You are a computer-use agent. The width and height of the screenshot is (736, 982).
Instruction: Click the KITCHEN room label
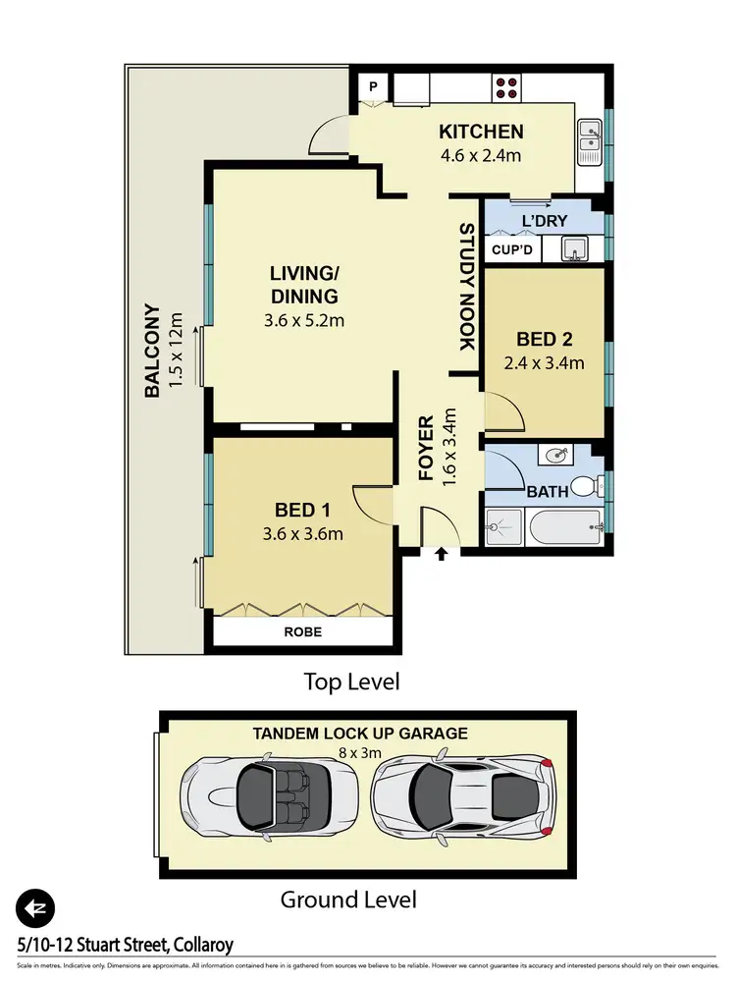coord(481,132)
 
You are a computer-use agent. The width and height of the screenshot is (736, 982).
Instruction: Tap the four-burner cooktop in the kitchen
coord(506,87)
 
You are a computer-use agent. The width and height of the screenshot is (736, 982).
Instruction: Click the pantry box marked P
coord(373,86)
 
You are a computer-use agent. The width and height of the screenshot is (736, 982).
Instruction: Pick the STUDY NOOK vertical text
coord(466,287)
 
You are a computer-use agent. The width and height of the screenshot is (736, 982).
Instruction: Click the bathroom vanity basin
coord(556,456)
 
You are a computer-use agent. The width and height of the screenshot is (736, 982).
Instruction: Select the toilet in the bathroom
coord(585,486)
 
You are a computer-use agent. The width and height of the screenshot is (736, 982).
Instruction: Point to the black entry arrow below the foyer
coord(441,555)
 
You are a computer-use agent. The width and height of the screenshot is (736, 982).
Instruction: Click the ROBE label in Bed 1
coord(304,631)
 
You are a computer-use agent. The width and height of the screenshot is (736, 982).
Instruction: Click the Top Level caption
coord(351,682)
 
